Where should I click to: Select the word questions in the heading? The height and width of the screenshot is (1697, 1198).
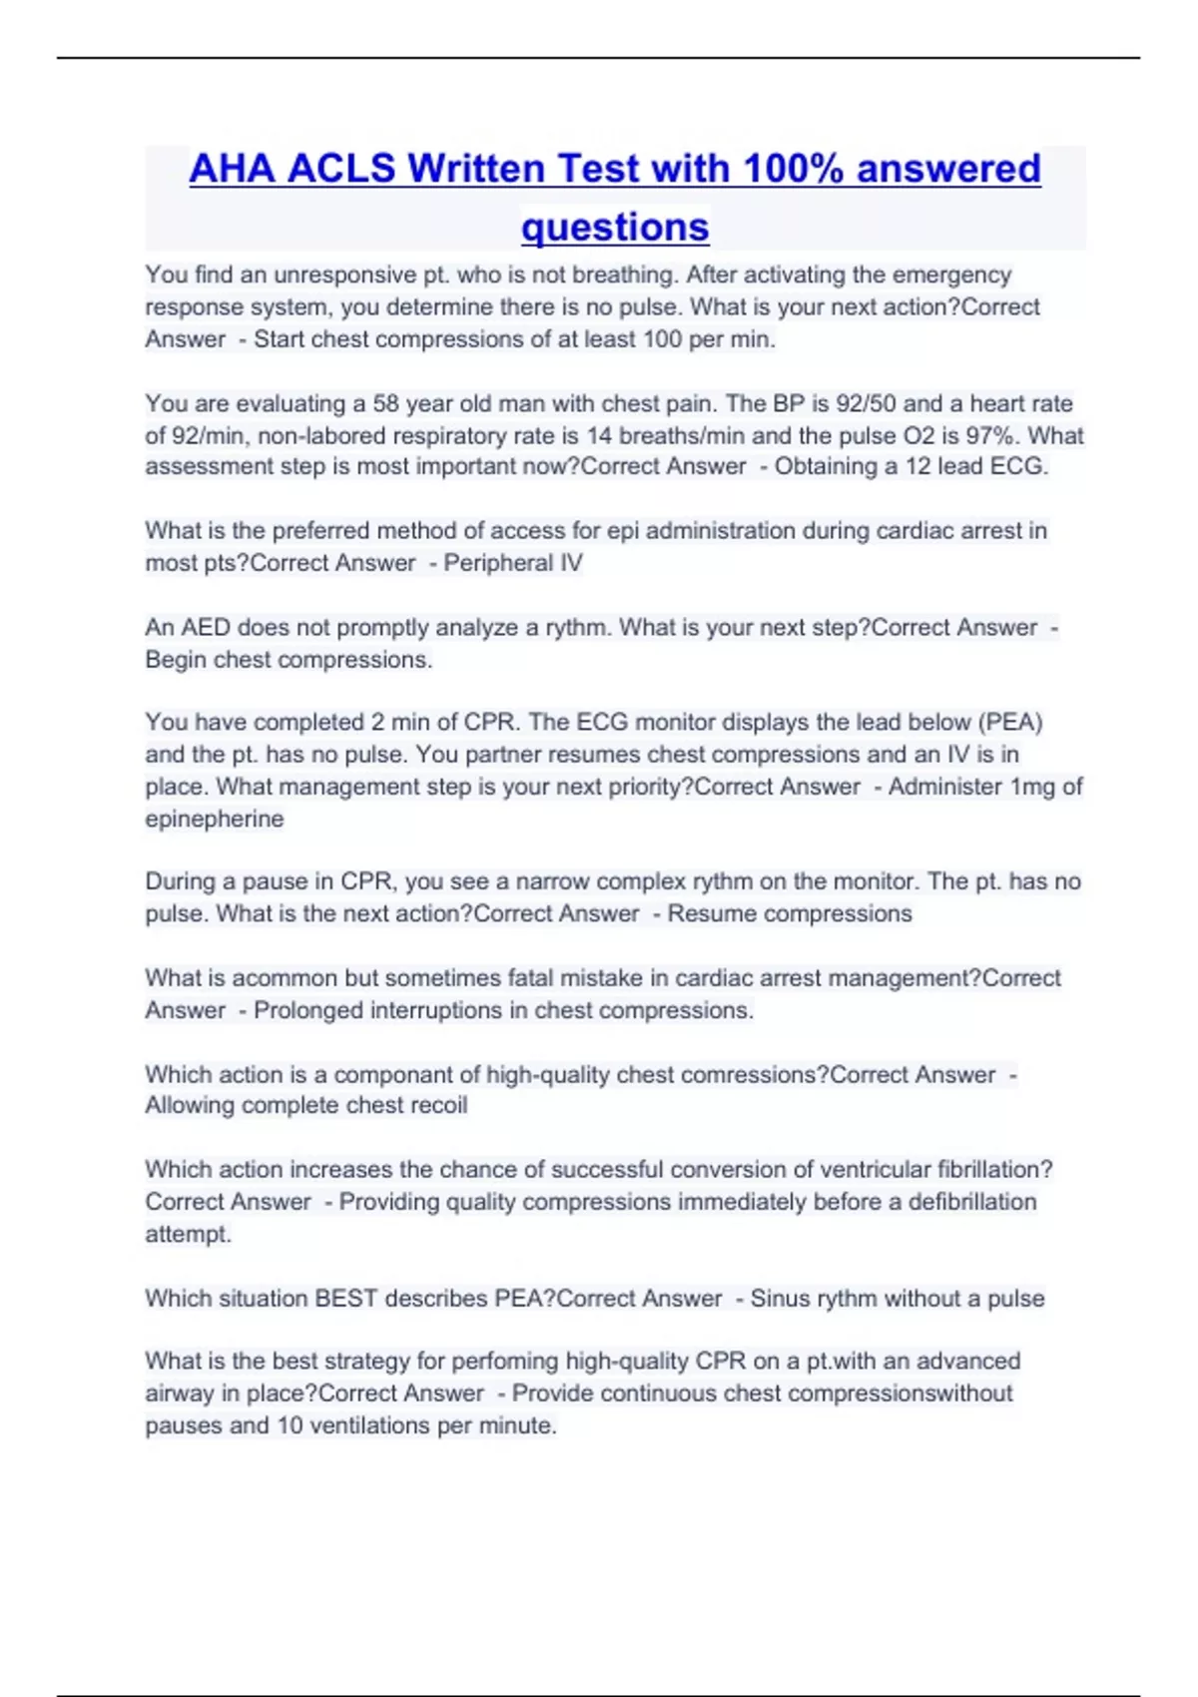tap(615, 227)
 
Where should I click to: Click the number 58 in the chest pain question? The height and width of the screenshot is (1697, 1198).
tap(385, 403)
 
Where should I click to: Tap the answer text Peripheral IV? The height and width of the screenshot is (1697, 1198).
tap(513, 563)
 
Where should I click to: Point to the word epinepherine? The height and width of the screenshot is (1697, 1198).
tap(215, 819)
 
